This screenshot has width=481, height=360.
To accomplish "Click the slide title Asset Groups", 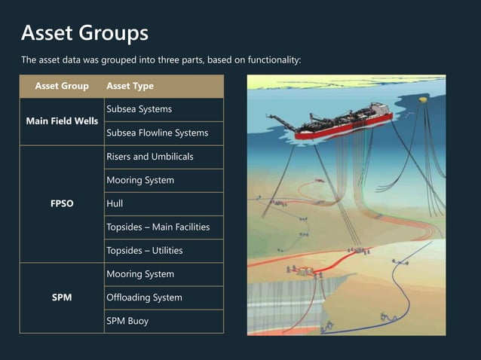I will pyautogui.click(x=84, y=33).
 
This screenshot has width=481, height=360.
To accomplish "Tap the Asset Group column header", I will pyautogui.click(x=62, y=86).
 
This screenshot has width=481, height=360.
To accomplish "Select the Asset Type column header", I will pyautogui.click(x=130, y=86).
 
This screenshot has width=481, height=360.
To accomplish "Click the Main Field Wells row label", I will pyautogui.click(x=62, y=121).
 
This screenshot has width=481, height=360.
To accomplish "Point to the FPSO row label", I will pyautogui.click(x=62, y=203).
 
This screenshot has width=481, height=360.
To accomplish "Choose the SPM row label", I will pyautogui.click(x=62, y=297).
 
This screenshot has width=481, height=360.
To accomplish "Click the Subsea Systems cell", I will pyautogui.click(x=139, y=109).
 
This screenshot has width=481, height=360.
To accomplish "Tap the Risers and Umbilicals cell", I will pyautogui.click(x=150, y=157).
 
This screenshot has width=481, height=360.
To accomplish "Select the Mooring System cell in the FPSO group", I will pyautogui.click(x=140, y=180).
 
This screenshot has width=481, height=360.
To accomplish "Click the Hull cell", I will pyautogui.click(x=115, y=203).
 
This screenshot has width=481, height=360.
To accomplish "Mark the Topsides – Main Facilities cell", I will pyautogui.click(x=158, y=227).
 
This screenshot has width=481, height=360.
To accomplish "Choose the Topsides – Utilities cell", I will pyautogui.click(x=145, y=250).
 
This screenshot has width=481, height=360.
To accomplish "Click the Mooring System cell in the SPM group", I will pyautogui.click(x=140, y=274).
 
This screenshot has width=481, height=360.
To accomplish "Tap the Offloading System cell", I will pyautogui.click(x=144, y=297).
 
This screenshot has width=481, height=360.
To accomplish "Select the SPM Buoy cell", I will pyautogui.click(x=127, y=321).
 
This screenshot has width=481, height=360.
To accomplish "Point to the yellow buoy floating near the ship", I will pyautogui.click(x=424, y=99).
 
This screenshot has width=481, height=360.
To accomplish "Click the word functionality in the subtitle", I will pyautogui.click(x=274, y=60).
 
